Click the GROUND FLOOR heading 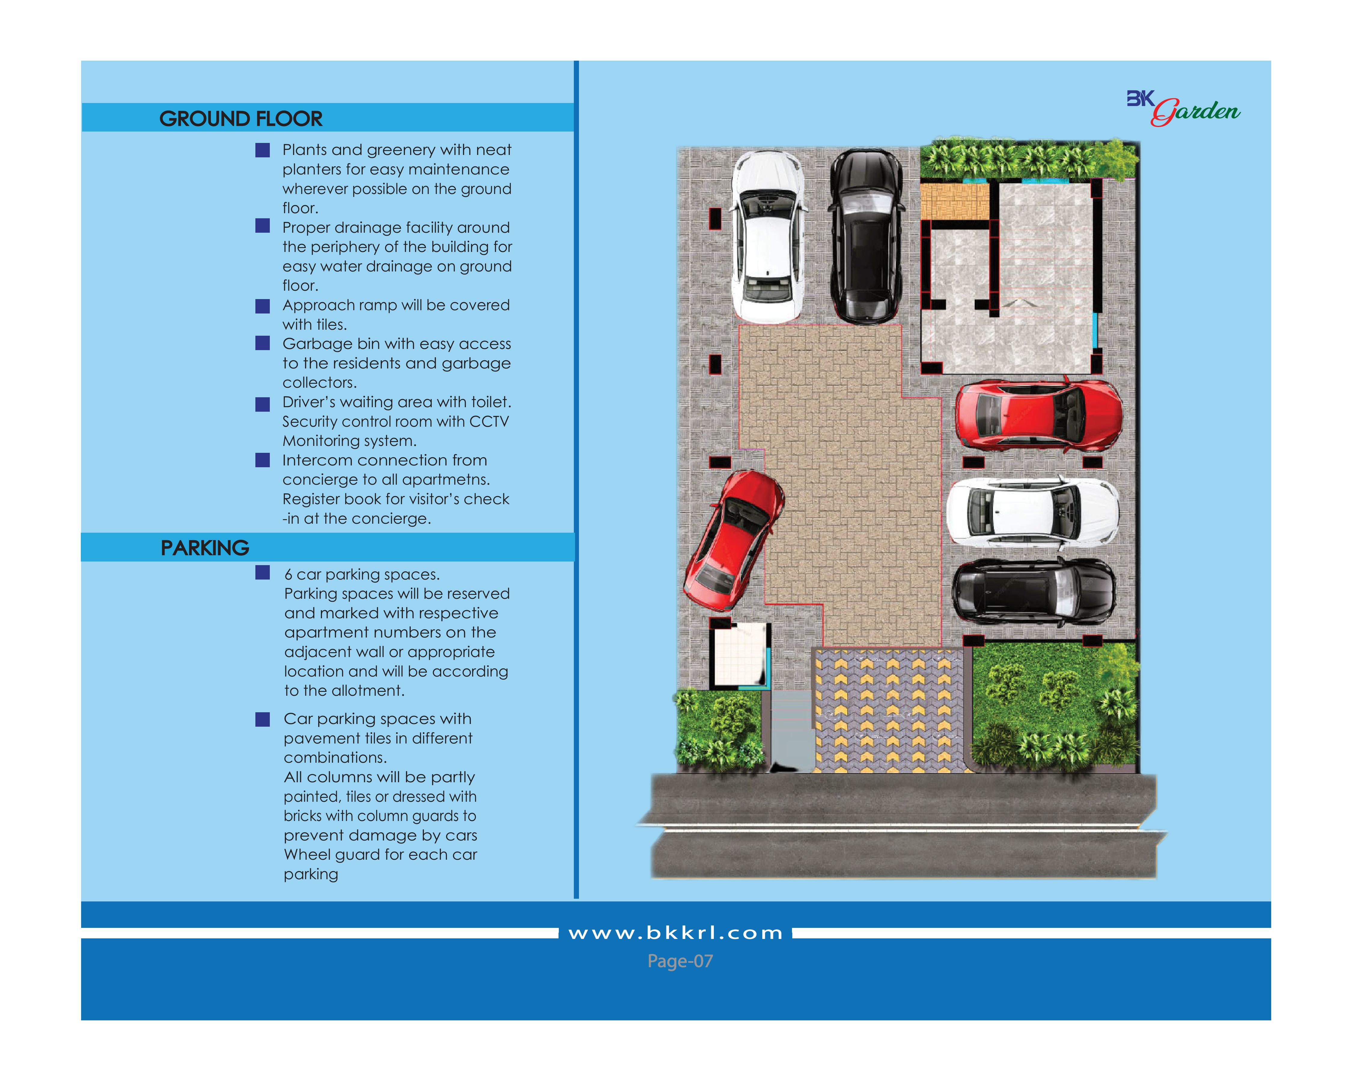tap(241, 118)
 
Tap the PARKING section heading tap(205, 548)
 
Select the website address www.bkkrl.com tap(675, 933)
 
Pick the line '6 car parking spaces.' tap(362, 575)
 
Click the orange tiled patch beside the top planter tap(954, 201)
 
